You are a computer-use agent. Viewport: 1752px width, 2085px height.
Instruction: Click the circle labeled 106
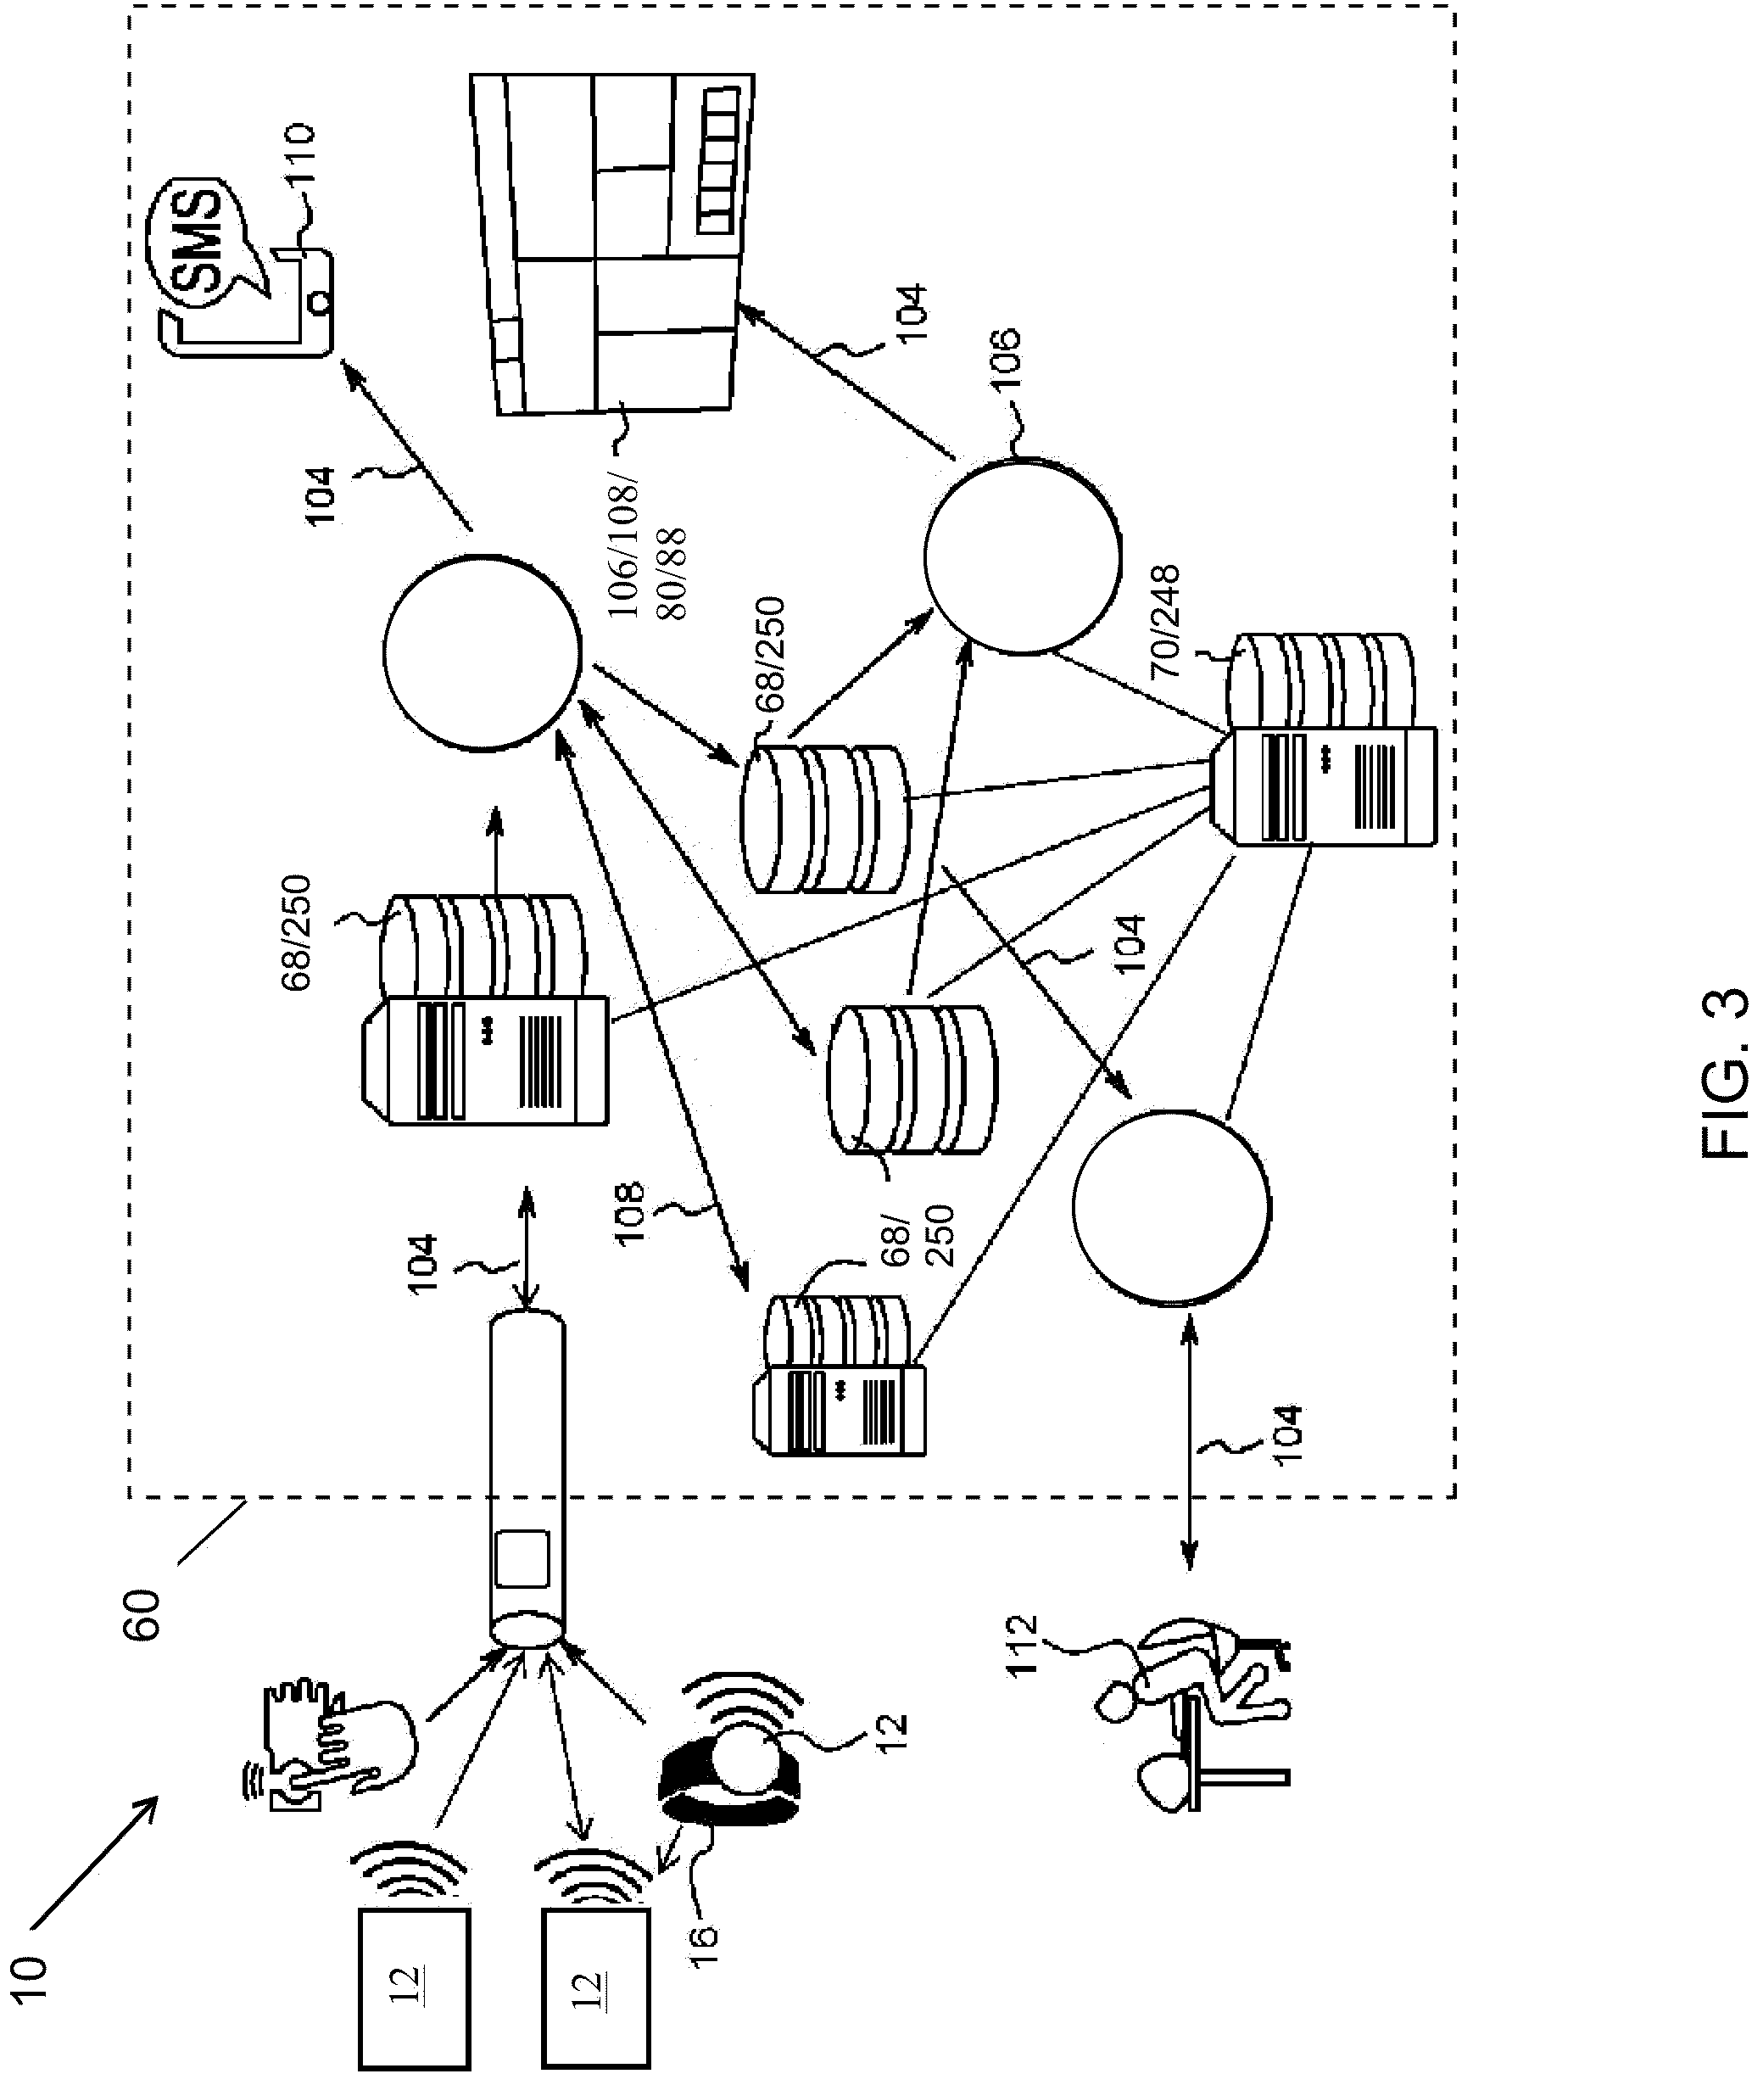coord(1022,556)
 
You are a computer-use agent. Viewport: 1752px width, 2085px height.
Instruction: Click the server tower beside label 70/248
coord(1324,785)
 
